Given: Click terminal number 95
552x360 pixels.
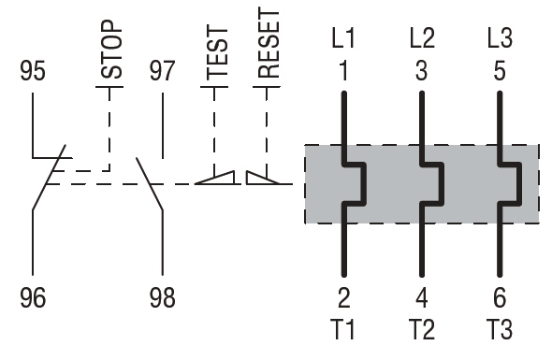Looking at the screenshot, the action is point(33,71).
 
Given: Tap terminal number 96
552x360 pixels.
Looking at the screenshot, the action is point(33,297).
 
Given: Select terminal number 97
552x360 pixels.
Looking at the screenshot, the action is point(162,71).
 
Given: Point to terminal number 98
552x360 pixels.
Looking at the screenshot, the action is point(162,297).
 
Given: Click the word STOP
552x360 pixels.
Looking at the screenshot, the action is point(112,50).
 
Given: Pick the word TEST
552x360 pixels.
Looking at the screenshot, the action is point(217,52).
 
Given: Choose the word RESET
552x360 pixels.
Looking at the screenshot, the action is point(269,43).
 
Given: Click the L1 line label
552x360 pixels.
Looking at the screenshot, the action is point(343,38).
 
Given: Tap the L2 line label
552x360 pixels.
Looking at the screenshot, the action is point(422,38).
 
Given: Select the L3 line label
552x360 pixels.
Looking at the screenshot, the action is point(500,38).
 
